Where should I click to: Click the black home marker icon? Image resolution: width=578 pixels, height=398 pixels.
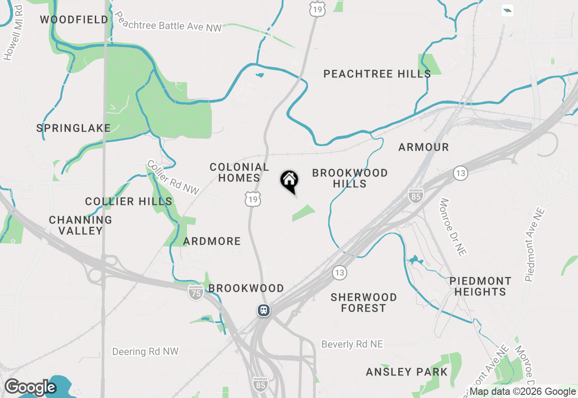[x=289, y=181]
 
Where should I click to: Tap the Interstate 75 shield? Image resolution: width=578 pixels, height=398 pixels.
[x=196, y=292]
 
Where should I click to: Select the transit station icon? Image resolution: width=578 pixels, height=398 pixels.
[x=264, y=310]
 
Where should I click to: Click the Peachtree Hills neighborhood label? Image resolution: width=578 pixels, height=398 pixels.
[x=377, y=74]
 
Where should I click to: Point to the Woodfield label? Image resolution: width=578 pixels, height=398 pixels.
[x=74, y=19]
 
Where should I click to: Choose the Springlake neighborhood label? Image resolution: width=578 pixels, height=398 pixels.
[x=74, y=128]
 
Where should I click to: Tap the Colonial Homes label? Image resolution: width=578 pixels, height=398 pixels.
[x=239, y=173]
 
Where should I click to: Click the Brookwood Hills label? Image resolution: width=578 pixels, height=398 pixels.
[x=350, y=178]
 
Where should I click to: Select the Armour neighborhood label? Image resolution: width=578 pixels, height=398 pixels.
[x=424, y=147]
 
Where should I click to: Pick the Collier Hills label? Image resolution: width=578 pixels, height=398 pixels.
[x=129, y=201]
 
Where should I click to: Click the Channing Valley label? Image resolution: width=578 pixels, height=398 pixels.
[x=81, y=225]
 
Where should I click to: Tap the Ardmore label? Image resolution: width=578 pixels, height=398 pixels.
[x=212, y=241]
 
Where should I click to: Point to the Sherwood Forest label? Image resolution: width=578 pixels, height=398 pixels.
[x=364, y=303]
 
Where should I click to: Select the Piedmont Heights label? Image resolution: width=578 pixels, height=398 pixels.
[x=480, y=286]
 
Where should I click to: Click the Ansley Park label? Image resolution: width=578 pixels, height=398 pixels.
[x=407, y=372]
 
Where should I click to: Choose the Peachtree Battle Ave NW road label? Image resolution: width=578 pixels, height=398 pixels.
[x=168, y=23]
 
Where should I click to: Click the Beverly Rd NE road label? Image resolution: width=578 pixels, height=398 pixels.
[x=352, y=344]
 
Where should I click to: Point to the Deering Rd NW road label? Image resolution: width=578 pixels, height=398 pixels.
[x=145, y=351]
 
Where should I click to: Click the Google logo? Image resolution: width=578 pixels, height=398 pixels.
[x=30, y=388]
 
